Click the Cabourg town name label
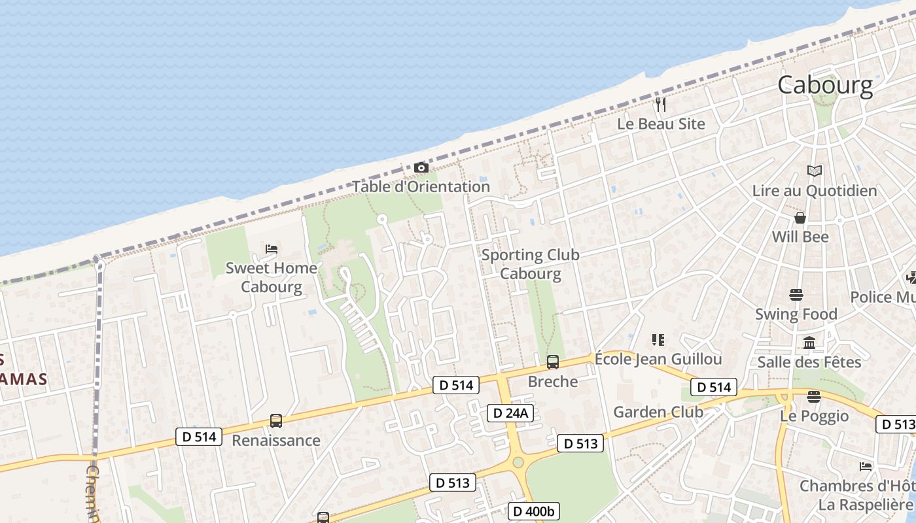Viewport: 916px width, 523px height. [825, 85]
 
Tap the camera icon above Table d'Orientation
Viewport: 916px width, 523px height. [421, 168]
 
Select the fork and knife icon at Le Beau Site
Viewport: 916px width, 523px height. [661, 105]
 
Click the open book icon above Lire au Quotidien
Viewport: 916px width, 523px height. [814, 171]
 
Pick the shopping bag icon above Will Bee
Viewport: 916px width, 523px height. [800, 218]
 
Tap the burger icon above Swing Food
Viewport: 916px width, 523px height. [796, 295]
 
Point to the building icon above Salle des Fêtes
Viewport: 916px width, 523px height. [809, 343]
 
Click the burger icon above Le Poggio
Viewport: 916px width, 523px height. [813, 397]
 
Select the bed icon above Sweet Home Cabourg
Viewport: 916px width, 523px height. [272, 249]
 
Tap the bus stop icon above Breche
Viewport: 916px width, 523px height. [553, 362]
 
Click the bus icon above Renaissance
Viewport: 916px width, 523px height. [276, 421]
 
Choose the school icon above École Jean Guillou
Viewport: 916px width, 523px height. [658, 340]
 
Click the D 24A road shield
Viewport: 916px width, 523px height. [510, 413]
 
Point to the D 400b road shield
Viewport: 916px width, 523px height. [533, 511]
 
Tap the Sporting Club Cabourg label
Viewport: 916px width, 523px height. [531, 264]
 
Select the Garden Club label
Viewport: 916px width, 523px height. [658, 412]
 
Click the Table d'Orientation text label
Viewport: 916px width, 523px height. [421, 186]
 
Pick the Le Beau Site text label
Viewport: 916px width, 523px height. [661, 124]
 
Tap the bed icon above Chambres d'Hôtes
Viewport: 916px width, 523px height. [866, 467]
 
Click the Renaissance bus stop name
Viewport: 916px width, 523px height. [276, 440]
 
